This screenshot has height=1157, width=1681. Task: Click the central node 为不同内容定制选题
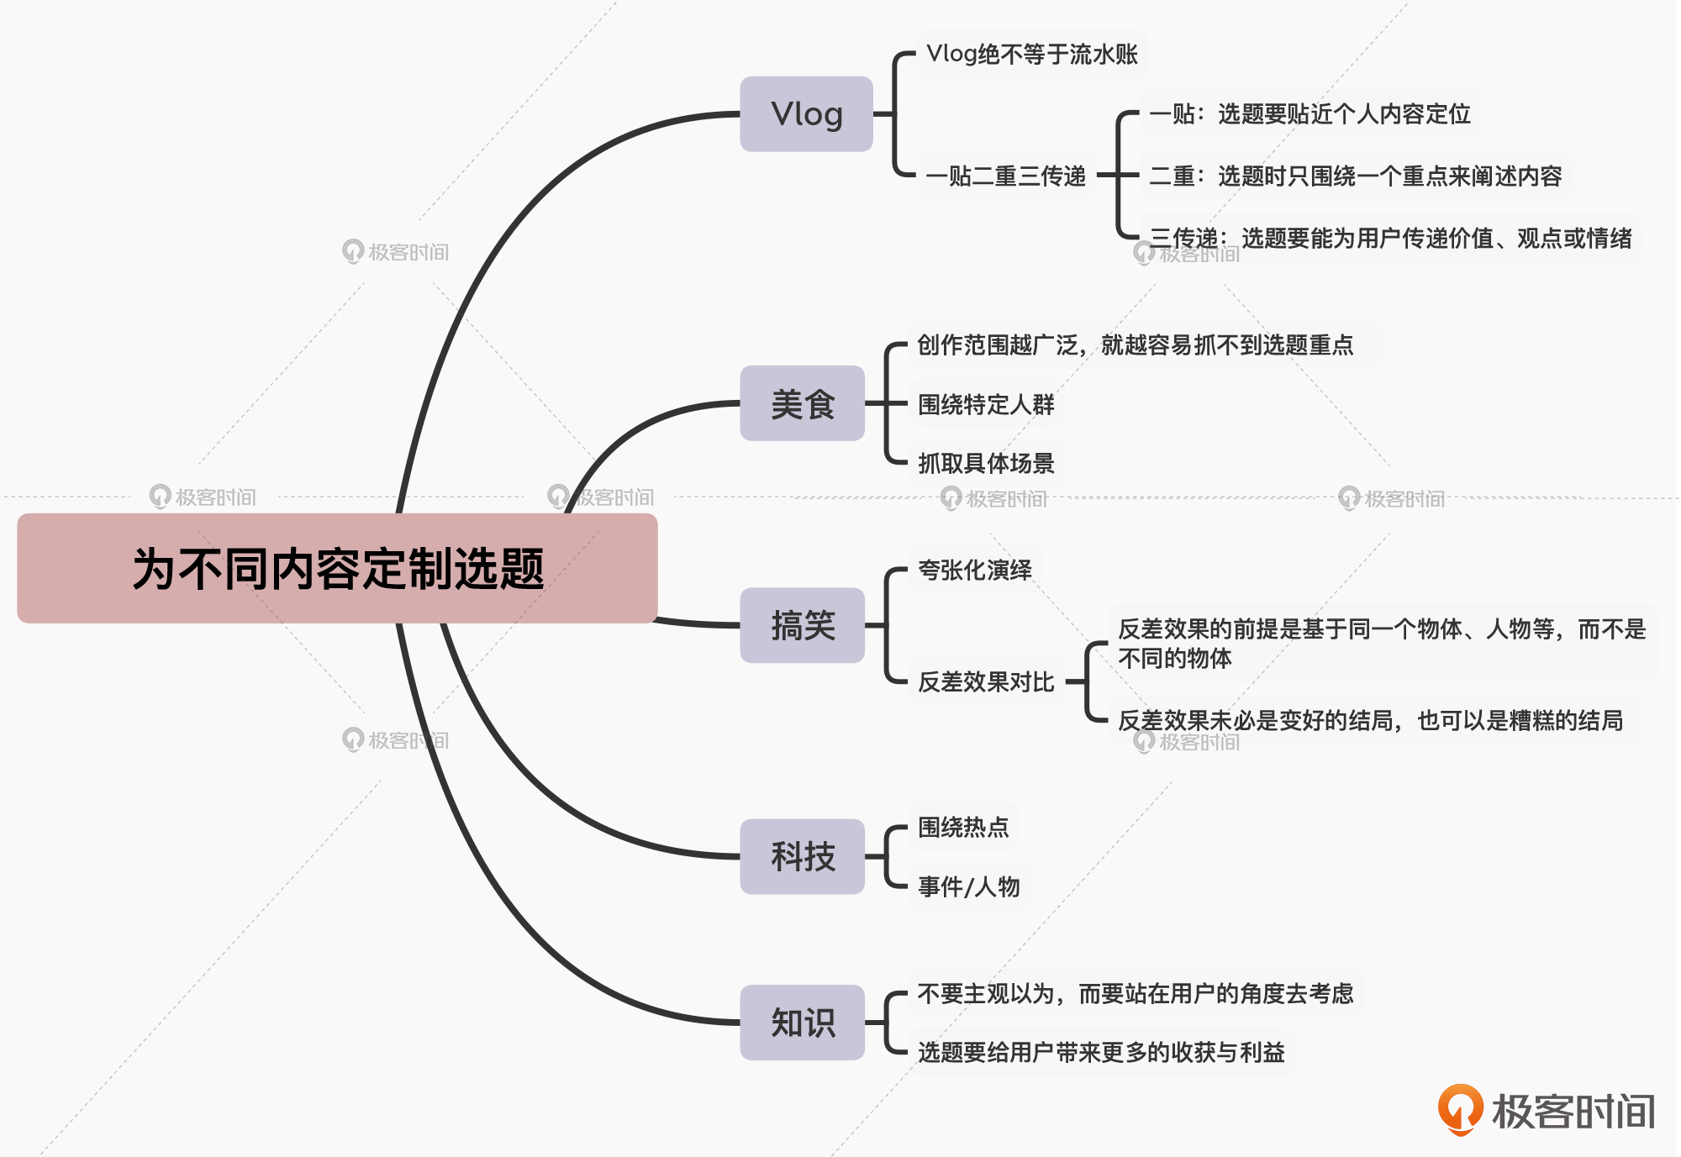[337, 569]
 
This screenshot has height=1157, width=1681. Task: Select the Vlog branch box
[806, 114]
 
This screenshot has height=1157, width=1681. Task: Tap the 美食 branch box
[802, 404]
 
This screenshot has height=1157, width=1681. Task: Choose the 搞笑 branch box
[802, 626]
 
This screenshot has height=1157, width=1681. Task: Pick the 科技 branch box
[802, 856]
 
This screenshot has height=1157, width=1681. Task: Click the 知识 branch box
[802, 1023]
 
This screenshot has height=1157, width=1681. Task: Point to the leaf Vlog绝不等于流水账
[1031, 55]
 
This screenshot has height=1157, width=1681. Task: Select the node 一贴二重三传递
[1005, 176]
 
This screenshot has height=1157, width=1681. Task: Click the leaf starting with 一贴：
[1309, 114]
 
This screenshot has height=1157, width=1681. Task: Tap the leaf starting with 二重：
[1355, 176]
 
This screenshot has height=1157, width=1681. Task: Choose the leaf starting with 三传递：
[1390, 239]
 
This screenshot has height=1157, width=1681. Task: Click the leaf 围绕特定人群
[985, 405]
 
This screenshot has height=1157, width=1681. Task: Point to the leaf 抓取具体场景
[985, 463]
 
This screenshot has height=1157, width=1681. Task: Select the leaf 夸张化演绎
[974, 571]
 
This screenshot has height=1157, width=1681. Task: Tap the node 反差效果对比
[985, 681]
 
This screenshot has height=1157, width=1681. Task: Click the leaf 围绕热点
[962, 828]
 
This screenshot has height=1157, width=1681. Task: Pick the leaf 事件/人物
[968, 886]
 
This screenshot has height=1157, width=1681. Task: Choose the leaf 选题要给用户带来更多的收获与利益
[1101, 1052]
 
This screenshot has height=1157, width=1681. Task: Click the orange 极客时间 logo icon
[1460, 1108]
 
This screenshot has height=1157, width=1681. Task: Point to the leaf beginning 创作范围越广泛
[1135, 345]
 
